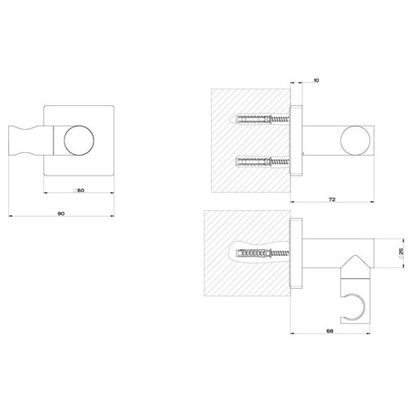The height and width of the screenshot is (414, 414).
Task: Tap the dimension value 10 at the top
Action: (317, 81)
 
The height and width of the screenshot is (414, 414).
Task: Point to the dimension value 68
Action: (331, 331)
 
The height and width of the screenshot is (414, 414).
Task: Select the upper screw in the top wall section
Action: (263, 121)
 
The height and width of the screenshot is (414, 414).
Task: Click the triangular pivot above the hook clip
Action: (355, 267)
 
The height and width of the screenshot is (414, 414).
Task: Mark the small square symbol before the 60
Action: (74, 190)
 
